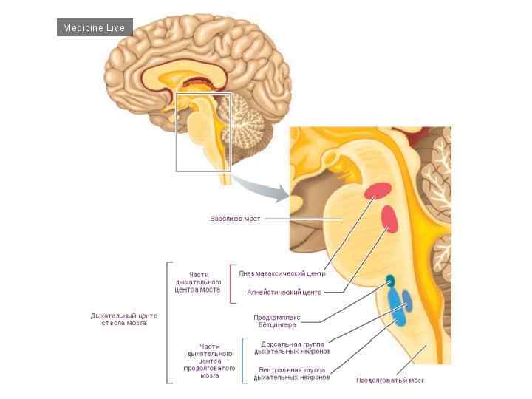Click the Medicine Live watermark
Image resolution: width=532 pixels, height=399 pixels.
(x=95, y=28)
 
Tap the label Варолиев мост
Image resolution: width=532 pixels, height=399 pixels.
(x=235, y=219)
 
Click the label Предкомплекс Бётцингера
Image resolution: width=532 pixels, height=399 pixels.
(x=276, y=322)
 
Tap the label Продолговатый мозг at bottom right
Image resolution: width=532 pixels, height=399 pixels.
(x=390, y=381)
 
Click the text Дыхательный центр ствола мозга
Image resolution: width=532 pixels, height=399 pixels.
(x=124, y=319)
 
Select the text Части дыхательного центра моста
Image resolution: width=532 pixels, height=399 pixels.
(x=198, y=282)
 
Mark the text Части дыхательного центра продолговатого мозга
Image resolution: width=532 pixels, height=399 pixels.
(x=209, y=361)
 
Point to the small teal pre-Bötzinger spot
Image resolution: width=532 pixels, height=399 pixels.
(x=390, y=281)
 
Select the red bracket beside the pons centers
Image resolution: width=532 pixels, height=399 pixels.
(x=231, y=284)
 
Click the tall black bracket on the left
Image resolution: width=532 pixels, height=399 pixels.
(x=168, y=322)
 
